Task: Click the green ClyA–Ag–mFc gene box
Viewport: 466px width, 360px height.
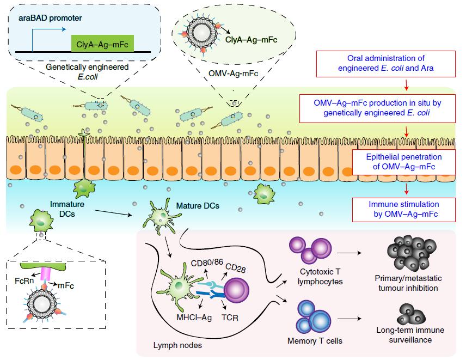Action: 103,43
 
